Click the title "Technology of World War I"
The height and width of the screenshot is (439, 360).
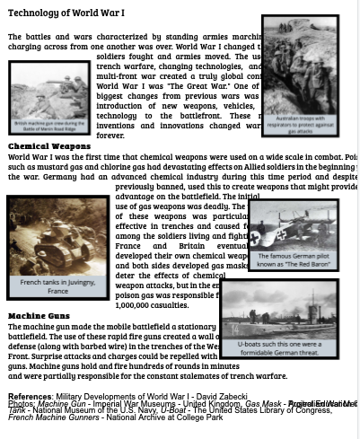[x=66, y=13]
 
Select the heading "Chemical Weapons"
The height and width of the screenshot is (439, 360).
[x=49, y=145]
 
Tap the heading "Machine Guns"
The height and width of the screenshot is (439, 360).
[x=39, y=316]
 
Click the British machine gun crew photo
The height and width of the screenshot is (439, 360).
[x=49, y=91]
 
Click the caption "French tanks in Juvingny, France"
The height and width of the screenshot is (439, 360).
[x=57, y=286]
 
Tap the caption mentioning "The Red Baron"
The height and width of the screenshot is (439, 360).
[x=293, y=260]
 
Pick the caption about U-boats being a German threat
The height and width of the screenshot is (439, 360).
[x=279, y=348]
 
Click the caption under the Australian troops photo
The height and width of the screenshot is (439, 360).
[x=299, y=125]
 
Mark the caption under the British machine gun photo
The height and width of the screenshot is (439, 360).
[x=49, y=127]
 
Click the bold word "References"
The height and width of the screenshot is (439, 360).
[x=30, y=397]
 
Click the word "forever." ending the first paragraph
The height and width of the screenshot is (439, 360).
[x=110, y=136]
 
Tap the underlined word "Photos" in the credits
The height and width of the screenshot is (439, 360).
[x=21, y=404]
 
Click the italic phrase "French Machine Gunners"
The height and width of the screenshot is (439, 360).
[x=53, y=417]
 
